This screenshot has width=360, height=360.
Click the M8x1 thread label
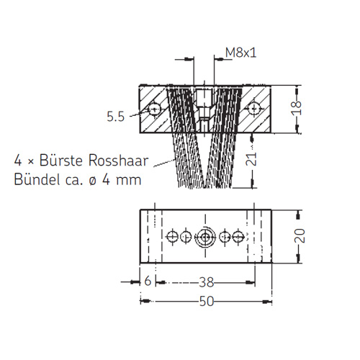click(241, 53)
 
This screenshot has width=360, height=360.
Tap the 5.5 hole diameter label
click(116, 117)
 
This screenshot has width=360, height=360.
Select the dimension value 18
click(297, 107)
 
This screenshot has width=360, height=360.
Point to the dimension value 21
click(251, 159)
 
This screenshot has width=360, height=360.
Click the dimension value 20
click(300, 235)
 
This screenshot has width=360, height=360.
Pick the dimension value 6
click(148, 280)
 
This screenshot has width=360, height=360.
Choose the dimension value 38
click(207, 282)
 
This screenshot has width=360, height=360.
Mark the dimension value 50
click(207, 301)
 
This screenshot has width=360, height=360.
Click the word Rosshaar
click(118, 161)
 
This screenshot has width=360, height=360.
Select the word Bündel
click(37, 179)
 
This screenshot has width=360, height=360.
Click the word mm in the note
click(129, 181)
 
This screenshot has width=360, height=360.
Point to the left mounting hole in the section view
click(154, 109)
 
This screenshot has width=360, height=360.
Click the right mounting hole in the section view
click(253, 109)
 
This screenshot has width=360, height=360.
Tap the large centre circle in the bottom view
click(205, 237)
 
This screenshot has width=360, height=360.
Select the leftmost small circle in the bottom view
click(172, 237)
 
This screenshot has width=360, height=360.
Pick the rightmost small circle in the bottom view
click(238, 237)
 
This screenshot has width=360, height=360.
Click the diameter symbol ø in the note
click(92, 181)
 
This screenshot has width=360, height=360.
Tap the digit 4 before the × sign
click(18, 161)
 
